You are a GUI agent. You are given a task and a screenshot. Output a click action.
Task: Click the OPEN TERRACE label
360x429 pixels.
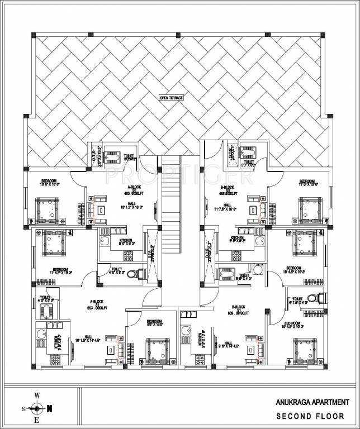coord(172,98)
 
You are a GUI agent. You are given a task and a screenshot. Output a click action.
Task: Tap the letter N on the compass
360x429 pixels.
coord(50,408)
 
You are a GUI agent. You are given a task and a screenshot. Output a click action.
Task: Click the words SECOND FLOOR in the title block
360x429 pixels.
coord(312,416)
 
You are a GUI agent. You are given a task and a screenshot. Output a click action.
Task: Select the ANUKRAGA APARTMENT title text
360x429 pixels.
coord(312,402)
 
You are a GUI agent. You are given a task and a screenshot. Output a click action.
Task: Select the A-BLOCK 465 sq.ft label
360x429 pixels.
coord(119,190)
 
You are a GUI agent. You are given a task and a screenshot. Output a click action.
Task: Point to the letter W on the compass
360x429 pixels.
coord(37,395)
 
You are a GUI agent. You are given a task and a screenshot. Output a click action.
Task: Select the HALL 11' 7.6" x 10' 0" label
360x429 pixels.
coord(228,207)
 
